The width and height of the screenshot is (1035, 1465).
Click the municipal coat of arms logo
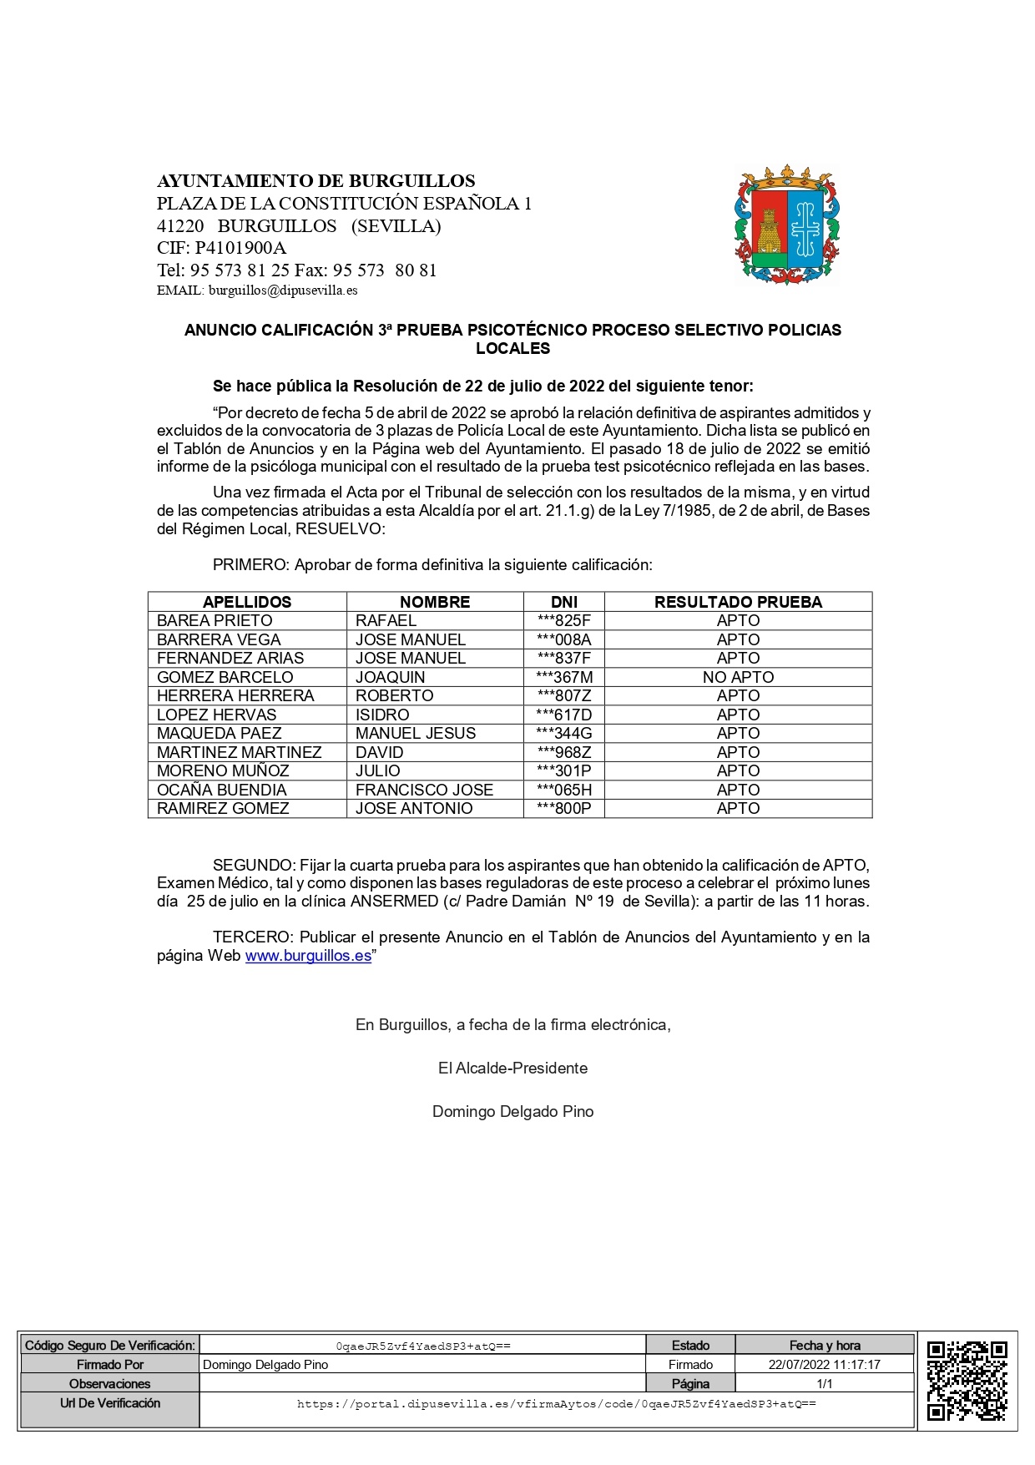click(787, 226)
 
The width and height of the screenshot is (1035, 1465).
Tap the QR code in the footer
click(967, 1380)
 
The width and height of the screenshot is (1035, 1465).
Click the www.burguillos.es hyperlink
click(308, 956)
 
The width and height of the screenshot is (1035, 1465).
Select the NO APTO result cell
click(738, 677)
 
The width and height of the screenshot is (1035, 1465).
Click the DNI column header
click(564, 602)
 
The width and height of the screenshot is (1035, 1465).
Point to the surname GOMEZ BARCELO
click(225, 677)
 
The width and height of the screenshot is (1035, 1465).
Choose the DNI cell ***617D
click(564, 715)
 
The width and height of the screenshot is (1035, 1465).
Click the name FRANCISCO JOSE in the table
click(424, 790)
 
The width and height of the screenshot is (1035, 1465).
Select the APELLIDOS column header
click(247, 602)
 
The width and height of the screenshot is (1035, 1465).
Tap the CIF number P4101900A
click(240, 248)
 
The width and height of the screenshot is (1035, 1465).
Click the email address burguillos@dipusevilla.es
click(283, 290)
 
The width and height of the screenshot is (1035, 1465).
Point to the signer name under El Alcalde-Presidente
click(512, 1111)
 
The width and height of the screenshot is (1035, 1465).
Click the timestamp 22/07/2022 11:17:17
click(824, 1364)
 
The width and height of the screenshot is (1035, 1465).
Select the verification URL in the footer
click(556, 1404)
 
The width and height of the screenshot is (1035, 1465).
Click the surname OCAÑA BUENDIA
click(222, 790)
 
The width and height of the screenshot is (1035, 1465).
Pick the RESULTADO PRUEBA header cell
click(738, 602)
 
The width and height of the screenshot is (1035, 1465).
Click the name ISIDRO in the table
click(382, 715)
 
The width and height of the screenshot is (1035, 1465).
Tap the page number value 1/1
click(824, 1383)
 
